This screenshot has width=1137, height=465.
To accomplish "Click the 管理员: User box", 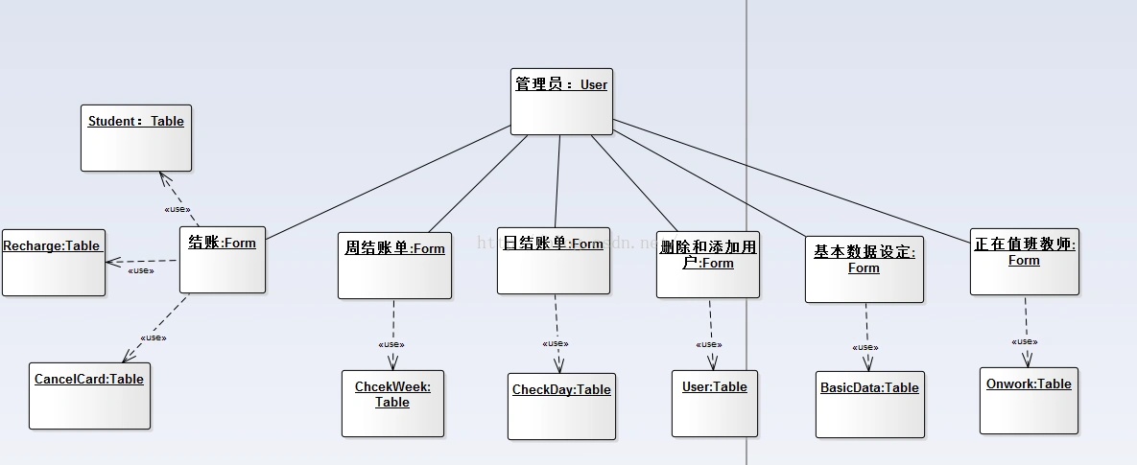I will (x=561, y=101).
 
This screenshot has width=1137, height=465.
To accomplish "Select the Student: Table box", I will (x=136, y=138).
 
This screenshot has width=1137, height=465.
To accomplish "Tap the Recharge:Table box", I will (x=53, y=262).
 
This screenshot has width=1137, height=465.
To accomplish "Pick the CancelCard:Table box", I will (x=89, y=395).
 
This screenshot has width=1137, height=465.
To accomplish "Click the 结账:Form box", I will (x=223, y=259).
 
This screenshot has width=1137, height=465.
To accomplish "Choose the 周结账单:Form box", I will (x=394, y=265).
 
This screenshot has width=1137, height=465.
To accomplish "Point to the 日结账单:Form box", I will (x=554, y=260).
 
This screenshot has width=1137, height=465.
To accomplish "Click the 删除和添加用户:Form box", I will (x=709, y=264).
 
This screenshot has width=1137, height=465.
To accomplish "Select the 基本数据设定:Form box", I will (x=865, y=269).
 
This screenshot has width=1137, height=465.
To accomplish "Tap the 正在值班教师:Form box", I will (x=1025, y=261).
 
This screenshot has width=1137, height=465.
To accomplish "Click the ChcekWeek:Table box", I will (x=393, y=403).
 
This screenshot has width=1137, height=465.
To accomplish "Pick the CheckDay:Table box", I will (x=561, y=406).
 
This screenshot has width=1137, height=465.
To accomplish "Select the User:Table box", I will (x=715, y=403).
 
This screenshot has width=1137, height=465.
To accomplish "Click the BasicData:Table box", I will (x=870, y=405).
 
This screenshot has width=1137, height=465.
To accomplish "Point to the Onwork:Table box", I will (x=1029, y=400).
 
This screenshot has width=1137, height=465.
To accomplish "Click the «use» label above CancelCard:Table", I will (x=154, y=337).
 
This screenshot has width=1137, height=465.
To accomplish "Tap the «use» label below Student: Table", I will (x=177, y=209).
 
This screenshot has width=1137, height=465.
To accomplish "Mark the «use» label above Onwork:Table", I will (x=1025, y=341).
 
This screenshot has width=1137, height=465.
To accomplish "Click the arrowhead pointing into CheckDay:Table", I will (x=558, y=365).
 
